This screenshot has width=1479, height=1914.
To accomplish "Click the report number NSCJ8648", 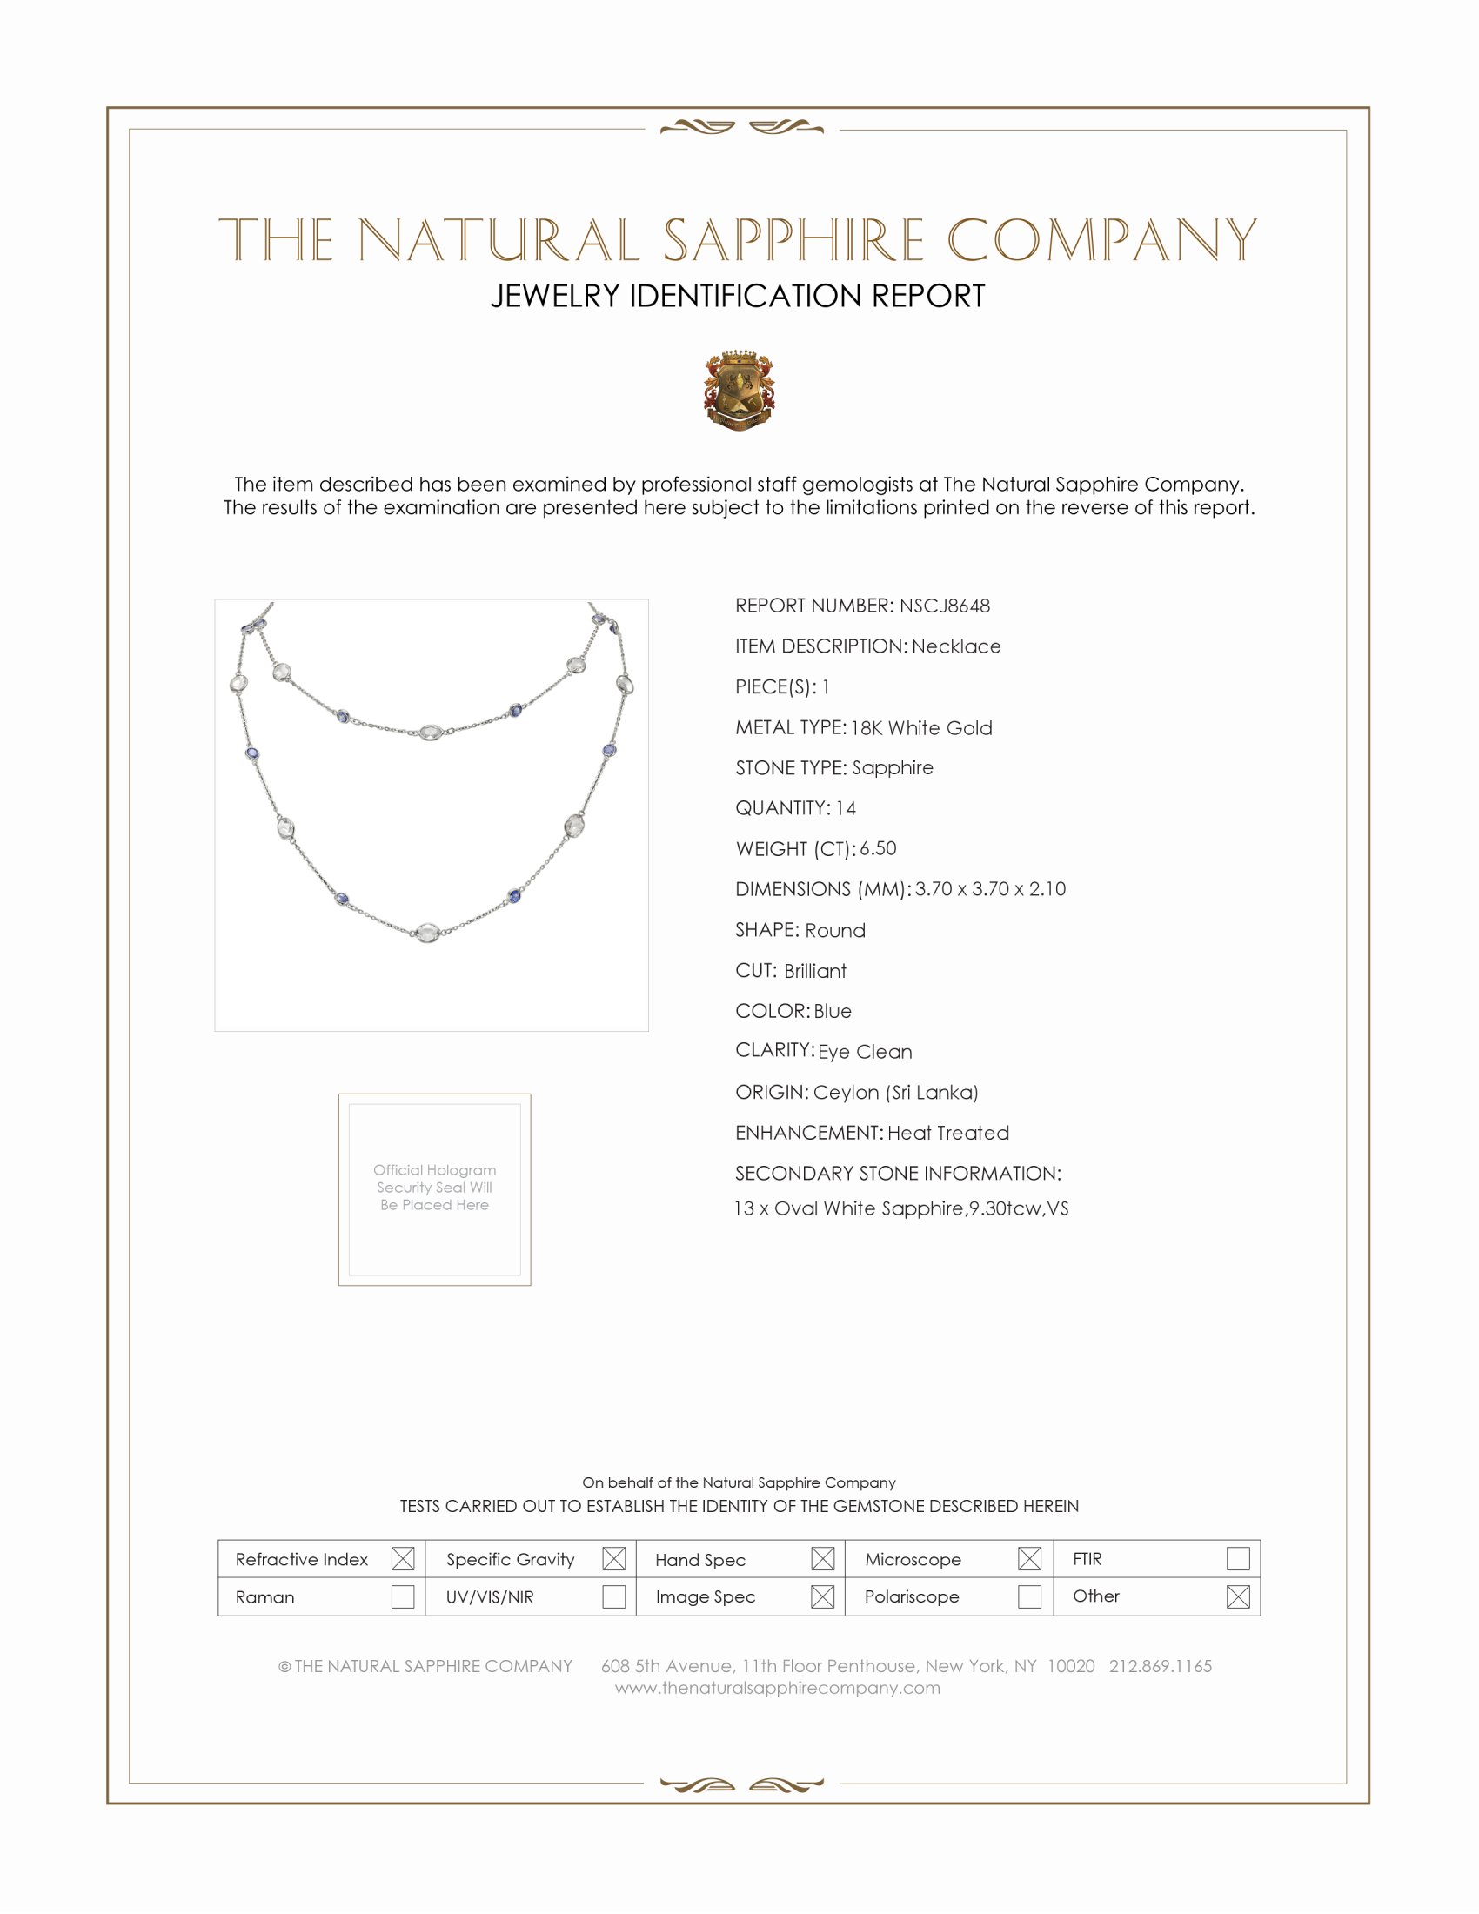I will coord(945,606).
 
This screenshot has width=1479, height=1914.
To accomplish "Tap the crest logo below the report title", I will coord(739,390).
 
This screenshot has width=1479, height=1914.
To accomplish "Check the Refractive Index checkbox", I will coord(402,1558).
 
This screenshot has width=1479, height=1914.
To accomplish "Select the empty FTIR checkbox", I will coord(1237,1558).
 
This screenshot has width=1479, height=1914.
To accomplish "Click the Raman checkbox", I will coord(402,1596).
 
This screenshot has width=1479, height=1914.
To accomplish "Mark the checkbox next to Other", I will coord(1237,1596).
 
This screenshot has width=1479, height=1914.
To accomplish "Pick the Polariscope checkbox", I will coord(1029,1596).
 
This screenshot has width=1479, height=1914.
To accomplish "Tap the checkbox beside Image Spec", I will coord(822,1596).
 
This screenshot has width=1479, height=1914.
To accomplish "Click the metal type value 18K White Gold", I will coord(920,727).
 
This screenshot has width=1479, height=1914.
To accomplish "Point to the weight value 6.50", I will coord(878,848).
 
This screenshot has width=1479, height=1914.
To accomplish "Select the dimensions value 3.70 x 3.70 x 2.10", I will coord(990,888).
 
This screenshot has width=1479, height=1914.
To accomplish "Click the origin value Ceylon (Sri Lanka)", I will coord(895,1092).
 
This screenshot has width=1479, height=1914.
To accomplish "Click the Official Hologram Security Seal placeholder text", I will coord(435,1188).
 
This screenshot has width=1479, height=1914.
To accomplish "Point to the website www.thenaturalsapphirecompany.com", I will coord(777,1688).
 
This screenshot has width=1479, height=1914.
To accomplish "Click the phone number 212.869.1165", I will coord(1160,1666).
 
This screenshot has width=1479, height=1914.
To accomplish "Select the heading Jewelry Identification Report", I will coord(738,296).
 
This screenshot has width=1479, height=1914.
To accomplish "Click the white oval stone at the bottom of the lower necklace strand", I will coord(427,933).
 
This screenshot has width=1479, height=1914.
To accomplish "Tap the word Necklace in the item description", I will coord(956,646).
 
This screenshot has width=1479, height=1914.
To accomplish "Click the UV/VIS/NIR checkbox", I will coord(613,1596).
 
